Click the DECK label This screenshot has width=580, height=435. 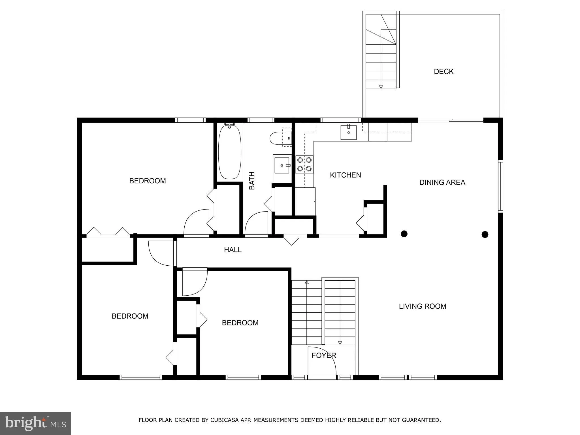443,72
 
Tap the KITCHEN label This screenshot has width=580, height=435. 345,175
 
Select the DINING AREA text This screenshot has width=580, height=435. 442,183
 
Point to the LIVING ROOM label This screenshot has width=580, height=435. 422,306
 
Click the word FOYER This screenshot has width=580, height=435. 324,356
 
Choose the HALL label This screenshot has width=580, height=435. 233,250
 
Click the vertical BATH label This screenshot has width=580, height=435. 252,181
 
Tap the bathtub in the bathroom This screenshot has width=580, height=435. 230,152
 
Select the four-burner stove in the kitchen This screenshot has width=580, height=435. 304,164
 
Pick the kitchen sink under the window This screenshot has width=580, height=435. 348,132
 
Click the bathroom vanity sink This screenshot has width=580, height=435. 282,165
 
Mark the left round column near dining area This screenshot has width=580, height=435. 404,234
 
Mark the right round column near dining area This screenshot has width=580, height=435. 485,234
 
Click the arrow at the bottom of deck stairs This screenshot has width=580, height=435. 381,87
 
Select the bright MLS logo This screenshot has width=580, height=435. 35,423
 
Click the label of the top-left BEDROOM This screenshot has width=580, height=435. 147,181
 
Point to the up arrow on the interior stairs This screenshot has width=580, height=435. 306,282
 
